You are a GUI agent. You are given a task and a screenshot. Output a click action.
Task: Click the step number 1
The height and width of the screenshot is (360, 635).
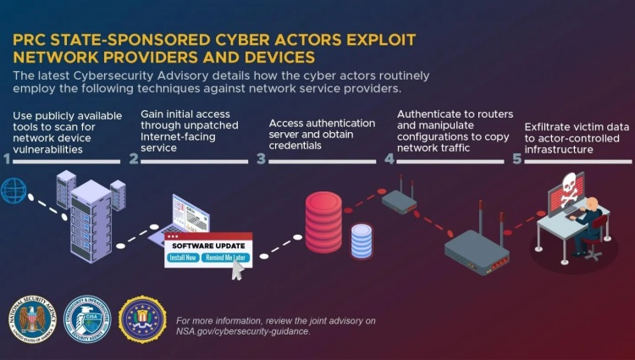(x=7, y=158)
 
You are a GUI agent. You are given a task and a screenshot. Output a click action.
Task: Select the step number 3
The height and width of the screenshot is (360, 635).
(x=261, y=158)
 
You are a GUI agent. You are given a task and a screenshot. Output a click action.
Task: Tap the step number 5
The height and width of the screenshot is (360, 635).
(x=517, y=158)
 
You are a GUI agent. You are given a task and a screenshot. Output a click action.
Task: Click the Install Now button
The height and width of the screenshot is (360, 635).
(x=184, y=257)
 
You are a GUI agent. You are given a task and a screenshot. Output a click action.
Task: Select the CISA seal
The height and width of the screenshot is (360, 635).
(x=87, y=318)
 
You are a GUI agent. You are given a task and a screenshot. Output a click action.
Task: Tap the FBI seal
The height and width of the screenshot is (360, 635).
(x=141, y=318)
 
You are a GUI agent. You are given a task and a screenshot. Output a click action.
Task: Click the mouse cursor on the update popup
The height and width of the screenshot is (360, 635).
(x=240, y=269)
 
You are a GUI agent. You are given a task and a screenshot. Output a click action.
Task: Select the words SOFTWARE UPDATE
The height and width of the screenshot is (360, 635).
(x=209, y=245)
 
